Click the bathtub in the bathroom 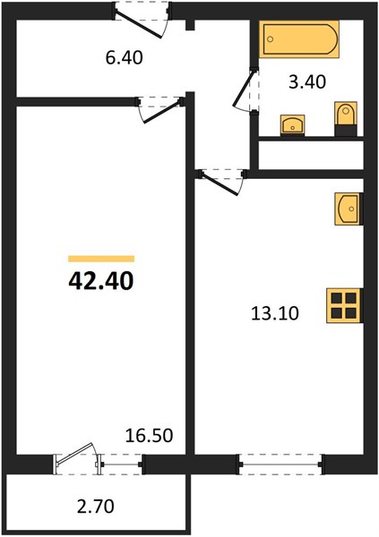tap(299, 39)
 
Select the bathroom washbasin tap(293, 125)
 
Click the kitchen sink tap(349, 209)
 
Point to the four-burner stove tap(344, 305)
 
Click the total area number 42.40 tap(101, 281)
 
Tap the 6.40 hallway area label tap(125, 57)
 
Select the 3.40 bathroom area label tap(307, 82)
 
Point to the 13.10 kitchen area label tap(275, 313)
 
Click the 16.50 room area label tap(149, 435)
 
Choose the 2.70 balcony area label tap(95, 507)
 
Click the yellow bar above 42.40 tap(101, 259)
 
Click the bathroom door tap(245, 89)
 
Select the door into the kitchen tap(221, 182)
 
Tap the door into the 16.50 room tap(160, 109)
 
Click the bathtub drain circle tap(271, 39)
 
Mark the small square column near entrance tap(190, 25)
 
